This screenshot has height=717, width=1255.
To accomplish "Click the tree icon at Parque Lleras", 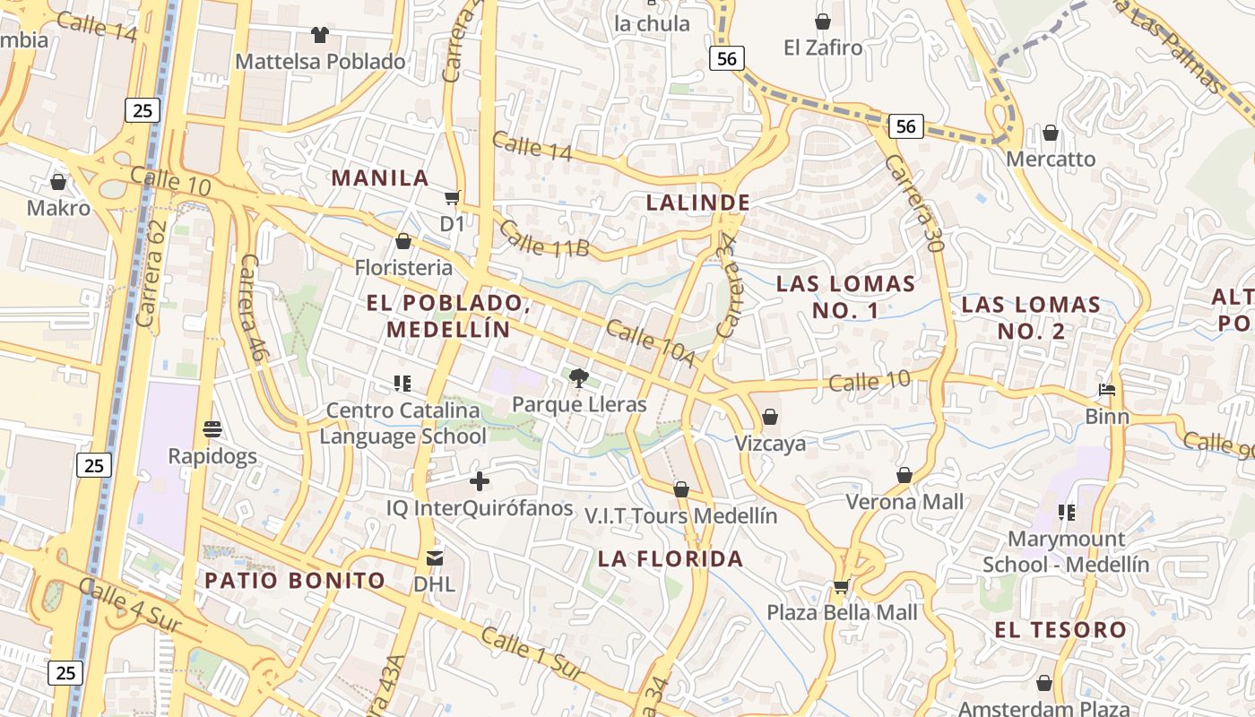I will (579, 377).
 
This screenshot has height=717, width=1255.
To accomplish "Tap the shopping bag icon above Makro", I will (58, 182).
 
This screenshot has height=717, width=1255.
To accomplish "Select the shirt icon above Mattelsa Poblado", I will (319, 35).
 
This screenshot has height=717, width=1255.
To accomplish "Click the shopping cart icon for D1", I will (453, 197).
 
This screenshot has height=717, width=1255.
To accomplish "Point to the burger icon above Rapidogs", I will (212, 429).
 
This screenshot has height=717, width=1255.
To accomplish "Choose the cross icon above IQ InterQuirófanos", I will (480, 481).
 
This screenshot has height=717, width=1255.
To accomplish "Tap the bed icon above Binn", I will (1107, 390).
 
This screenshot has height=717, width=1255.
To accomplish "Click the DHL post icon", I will (435, 558).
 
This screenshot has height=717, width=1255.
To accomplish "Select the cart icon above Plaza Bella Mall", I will (841, 586).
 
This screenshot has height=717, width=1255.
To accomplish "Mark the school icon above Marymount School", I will (1066, 513).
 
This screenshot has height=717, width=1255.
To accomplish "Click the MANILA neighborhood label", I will (380, 177).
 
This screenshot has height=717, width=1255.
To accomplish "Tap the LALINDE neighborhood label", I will (697, 203).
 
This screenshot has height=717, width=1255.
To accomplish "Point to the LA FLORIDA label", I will (671, 559).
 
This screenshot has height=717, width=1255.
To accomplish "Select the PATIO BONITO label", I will (295, 580).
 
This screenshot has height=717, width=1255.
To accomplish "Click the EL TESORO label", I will (1060, 629).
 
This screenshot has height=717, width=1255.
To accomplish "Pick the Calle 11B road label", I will (543, 239).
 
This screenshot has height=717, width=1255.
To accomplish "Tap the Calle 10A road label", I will (650, 342).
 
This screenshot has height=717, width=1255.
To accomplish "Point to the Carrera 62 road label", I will (153, 273).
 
